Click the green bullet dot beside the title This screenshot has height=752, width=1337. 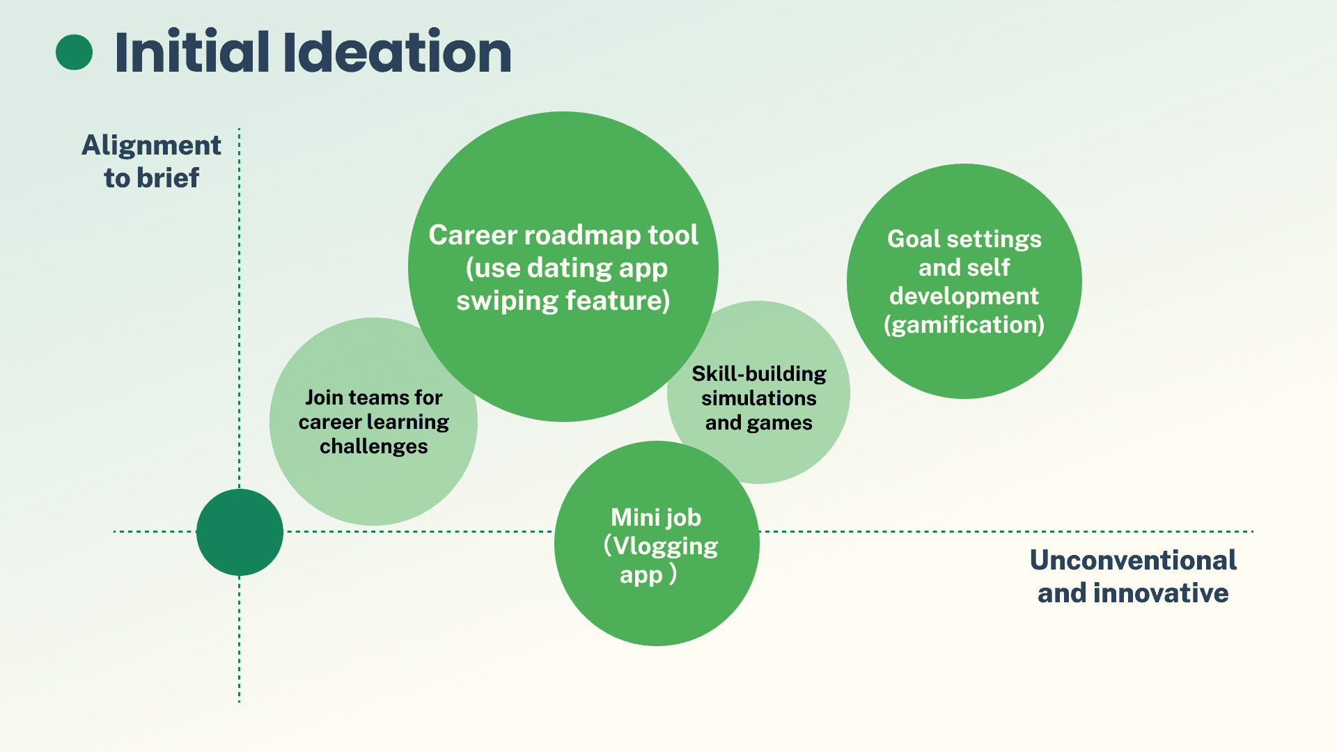[74, 52]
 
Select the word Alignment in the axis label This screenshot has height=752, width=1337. [151, 146]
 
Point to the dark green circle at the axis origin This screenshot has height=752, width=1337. [240, 532]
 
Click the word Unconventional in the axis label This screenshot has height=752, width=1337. [1133, 561]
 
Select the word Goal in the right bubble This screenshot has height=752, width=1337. [914, 239]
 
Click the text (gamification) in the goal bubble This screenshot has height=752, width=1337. [964, 324]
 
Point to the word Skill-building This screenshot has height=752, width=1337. [758, 374]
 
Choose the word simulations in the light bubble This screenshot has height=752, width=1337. [758, 398]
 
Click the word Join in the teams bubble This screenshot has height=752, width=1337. [324, 398]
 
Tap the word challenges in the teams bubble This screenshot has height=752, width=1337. [373, 446]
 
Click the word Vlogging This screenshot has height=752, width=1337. [665, 546]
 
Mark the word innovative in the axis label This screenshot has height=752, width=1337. [1160, 593]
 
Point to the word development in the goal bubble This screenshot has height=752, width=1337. [964, 296]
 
